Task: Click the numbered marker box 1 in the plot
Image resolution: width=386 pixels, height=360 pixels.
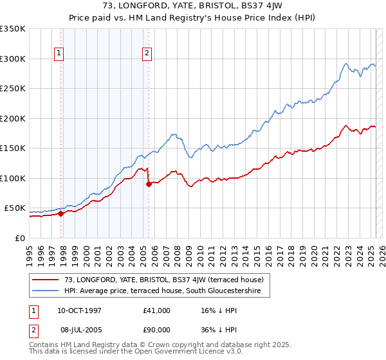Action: (59, 53)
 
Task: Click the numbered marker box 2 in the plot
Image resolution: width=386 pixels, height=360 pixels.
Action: (147, 53)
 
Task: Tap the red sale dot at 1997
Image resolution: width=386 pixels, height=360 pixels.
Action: (61, 213)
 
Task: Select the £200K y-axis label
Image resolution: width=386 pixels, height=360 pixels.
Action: (13, 118)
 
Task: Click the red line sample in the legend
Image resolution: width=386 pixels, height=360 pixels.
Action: (46, 280)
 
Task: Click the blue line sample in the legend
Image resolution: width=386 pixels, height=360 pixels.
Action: (46, 291)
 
